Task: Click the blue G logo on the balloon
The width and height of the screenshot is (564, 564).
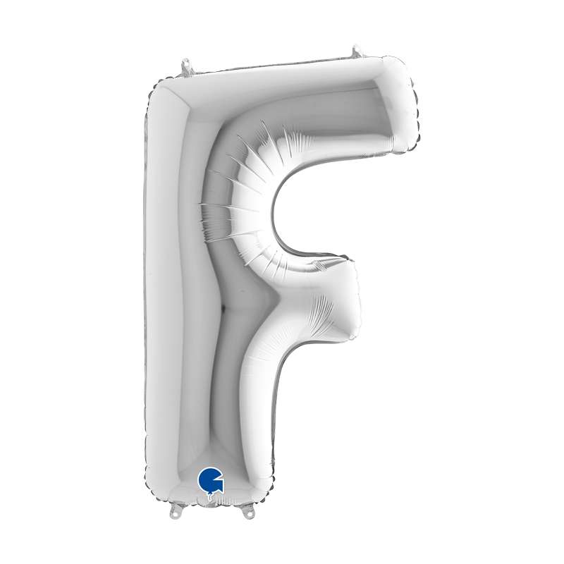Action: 210,480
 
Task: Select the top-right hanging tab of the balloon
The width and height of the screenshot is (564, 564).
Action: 357,51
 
